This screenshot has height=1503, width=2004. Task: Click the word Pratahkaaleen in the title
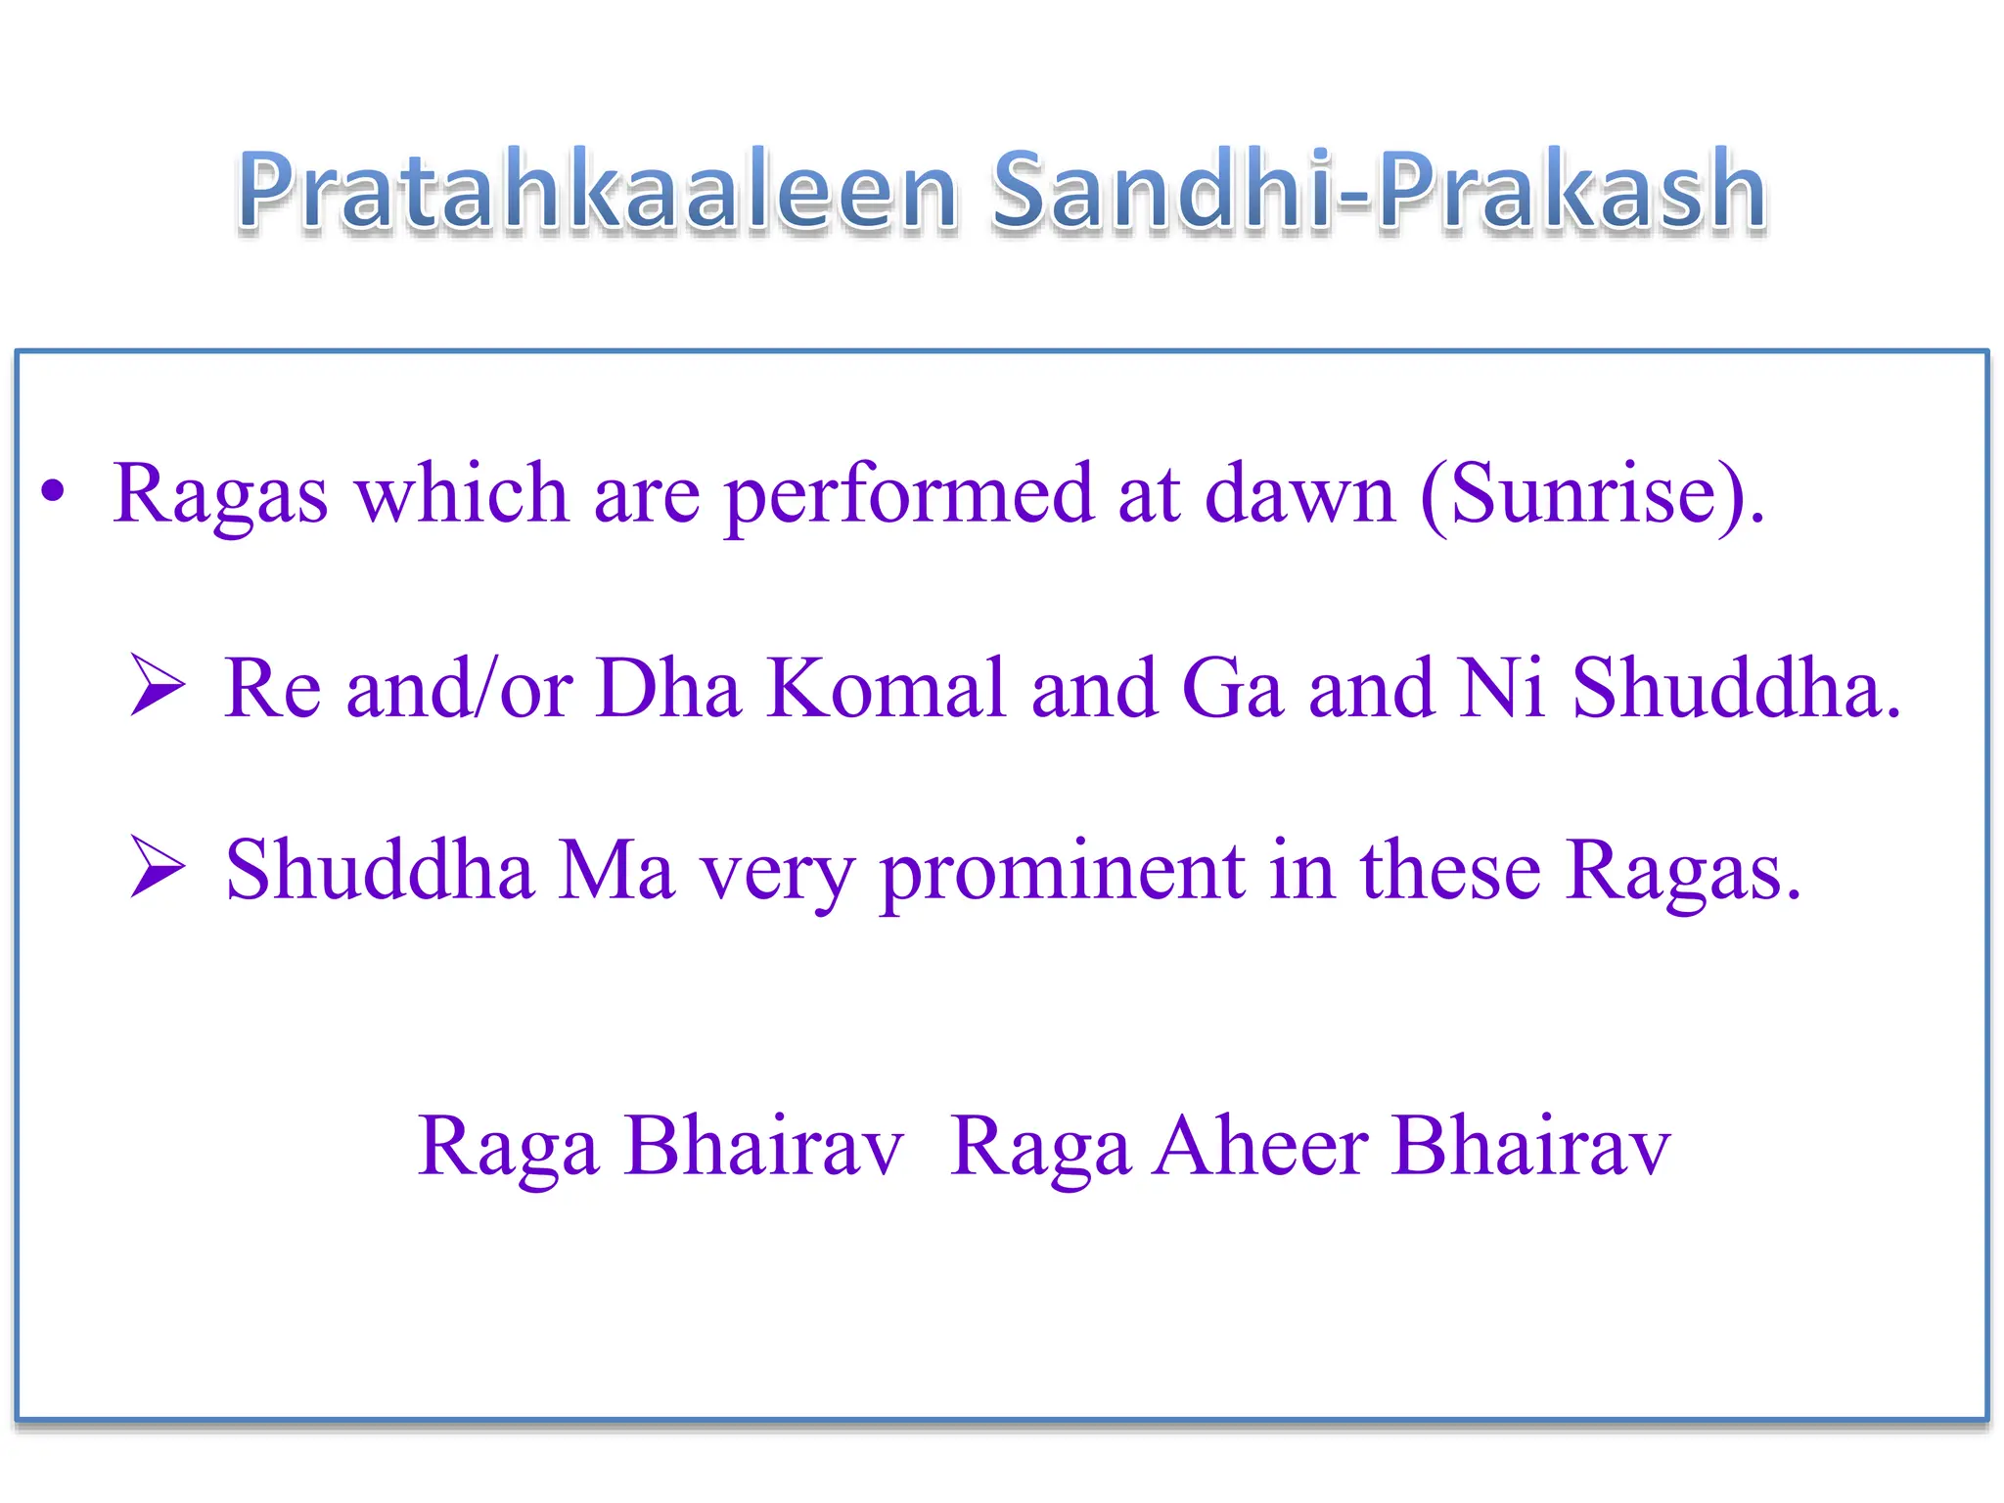pos(597,191)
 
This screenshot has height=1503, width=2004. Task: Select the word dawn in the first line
pos(1299,494)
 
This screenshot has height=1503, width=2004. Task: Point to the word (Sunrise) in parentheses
pos(1592,494)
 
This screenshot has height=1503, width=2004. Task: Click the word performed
pos(908,494)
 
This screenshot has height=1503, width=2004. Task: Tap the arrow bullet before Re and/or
pos(158,686)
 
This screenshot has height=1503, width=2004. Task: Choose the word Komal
pos(886,688)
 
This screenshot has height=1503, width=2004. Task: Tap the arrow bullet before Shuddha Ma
pos(158,868)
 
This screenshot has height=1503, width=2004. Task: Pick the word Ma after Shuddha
pos(616,870)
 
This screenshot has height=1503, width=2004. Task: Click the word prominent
pos(1063,870)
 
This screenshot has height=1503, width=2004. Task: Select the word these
pos(1451,870)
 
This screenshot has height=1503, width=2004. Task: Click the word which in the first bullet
pos(461,494)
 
